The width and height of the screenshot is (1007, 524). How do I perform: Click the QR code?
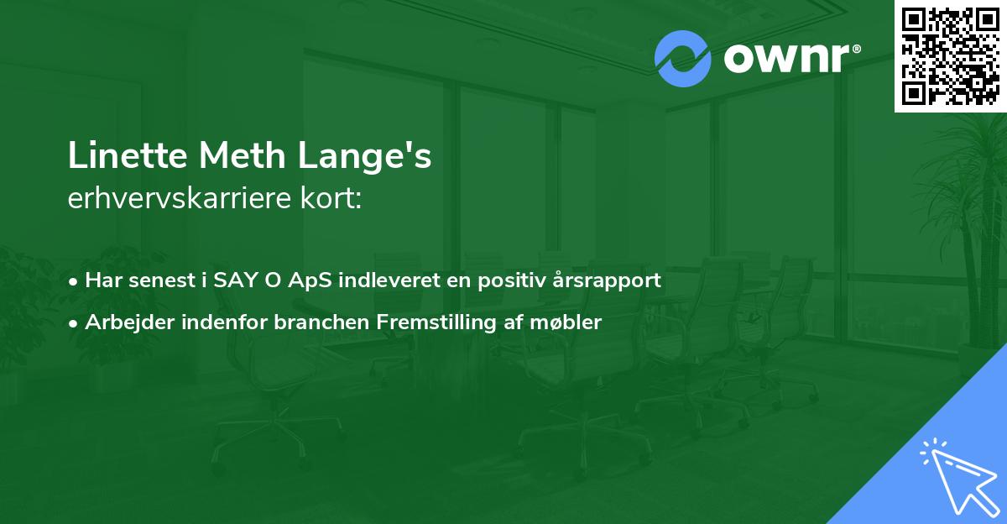pos(951,55)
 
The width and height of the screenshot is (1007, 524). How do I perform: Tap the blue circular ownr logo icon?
pos(682,59)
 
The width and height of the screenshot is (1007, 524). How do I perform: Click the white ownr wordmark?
pos(787,58)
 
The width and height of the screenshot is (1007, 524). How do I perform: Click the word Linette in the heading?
pos(128,155)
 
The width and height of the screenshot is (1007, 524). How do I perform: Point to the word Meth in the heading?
pos(243,155)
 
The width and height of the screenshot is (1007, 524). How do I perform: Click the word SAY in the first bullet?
pos(235,280)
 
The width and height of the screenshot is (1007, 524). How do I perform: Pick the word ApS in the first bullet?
pos(310,281)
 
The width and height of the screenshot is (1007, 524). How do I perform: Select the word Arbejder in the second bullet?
pos(129,323)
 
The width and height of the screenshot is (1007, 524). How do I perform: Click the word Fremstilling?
pos(436,323)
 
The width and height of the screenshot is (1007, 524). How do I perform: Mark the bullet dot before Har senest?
pos(73,282)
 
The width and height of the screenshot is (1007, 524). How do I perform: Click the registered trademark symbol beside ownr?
pos(856,49)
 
